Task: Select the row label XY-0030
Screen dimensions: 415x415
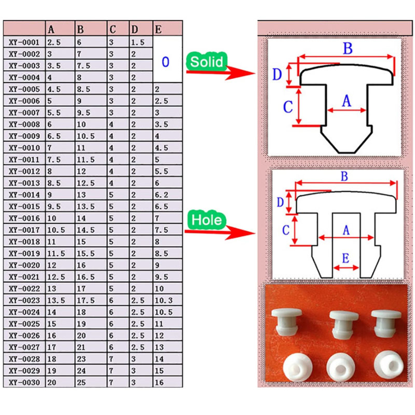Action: click(24, 382)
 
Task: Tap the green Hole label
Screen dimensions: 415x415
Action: click(206, 220)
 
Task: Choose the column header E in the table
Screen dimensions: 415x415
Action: click(158, 29)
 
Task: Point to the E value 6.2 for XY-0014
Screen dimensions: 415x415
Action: click(161, 195)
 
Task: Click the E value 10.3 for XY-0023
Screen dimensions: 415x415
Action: click(163, 300)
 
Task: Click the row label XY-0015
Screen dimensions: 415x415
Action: click(24, 206)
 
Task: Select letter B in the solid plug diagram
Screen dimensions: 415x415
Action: click(348, 49)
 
